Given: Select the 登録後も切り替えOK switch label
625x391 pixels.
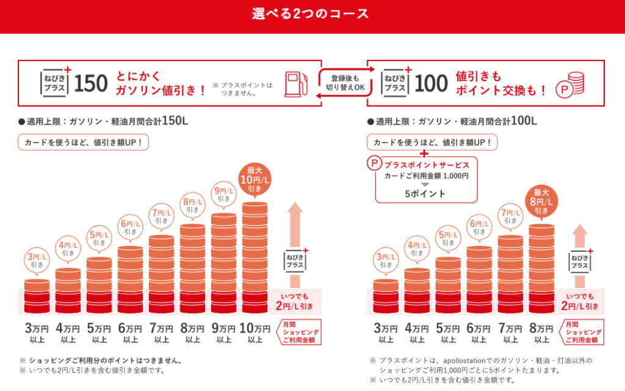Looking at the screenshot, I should click(x=344, y=83).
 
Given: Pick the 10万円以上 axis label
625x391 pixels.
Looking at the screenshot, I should click(x=255, y=333).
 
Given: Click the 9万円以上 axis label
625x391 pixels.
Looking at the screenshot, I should click(x=223, y=333).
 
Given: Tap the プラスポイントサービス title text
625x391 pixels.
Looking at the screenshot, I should click(x=426, y=165).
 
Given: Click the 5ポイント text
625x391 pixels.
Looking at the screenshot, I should click(x=426, y=194).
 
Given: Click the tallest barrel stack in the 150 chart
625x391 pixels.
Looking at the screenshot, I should click(x=255, y=256).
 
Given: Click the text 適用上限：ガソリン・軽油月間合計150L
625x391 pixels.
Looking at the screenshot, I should click(x=103, y=121).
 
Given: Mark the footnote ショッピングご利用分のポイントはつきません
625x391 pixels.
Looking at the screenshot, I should click(x=100, y=360).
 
